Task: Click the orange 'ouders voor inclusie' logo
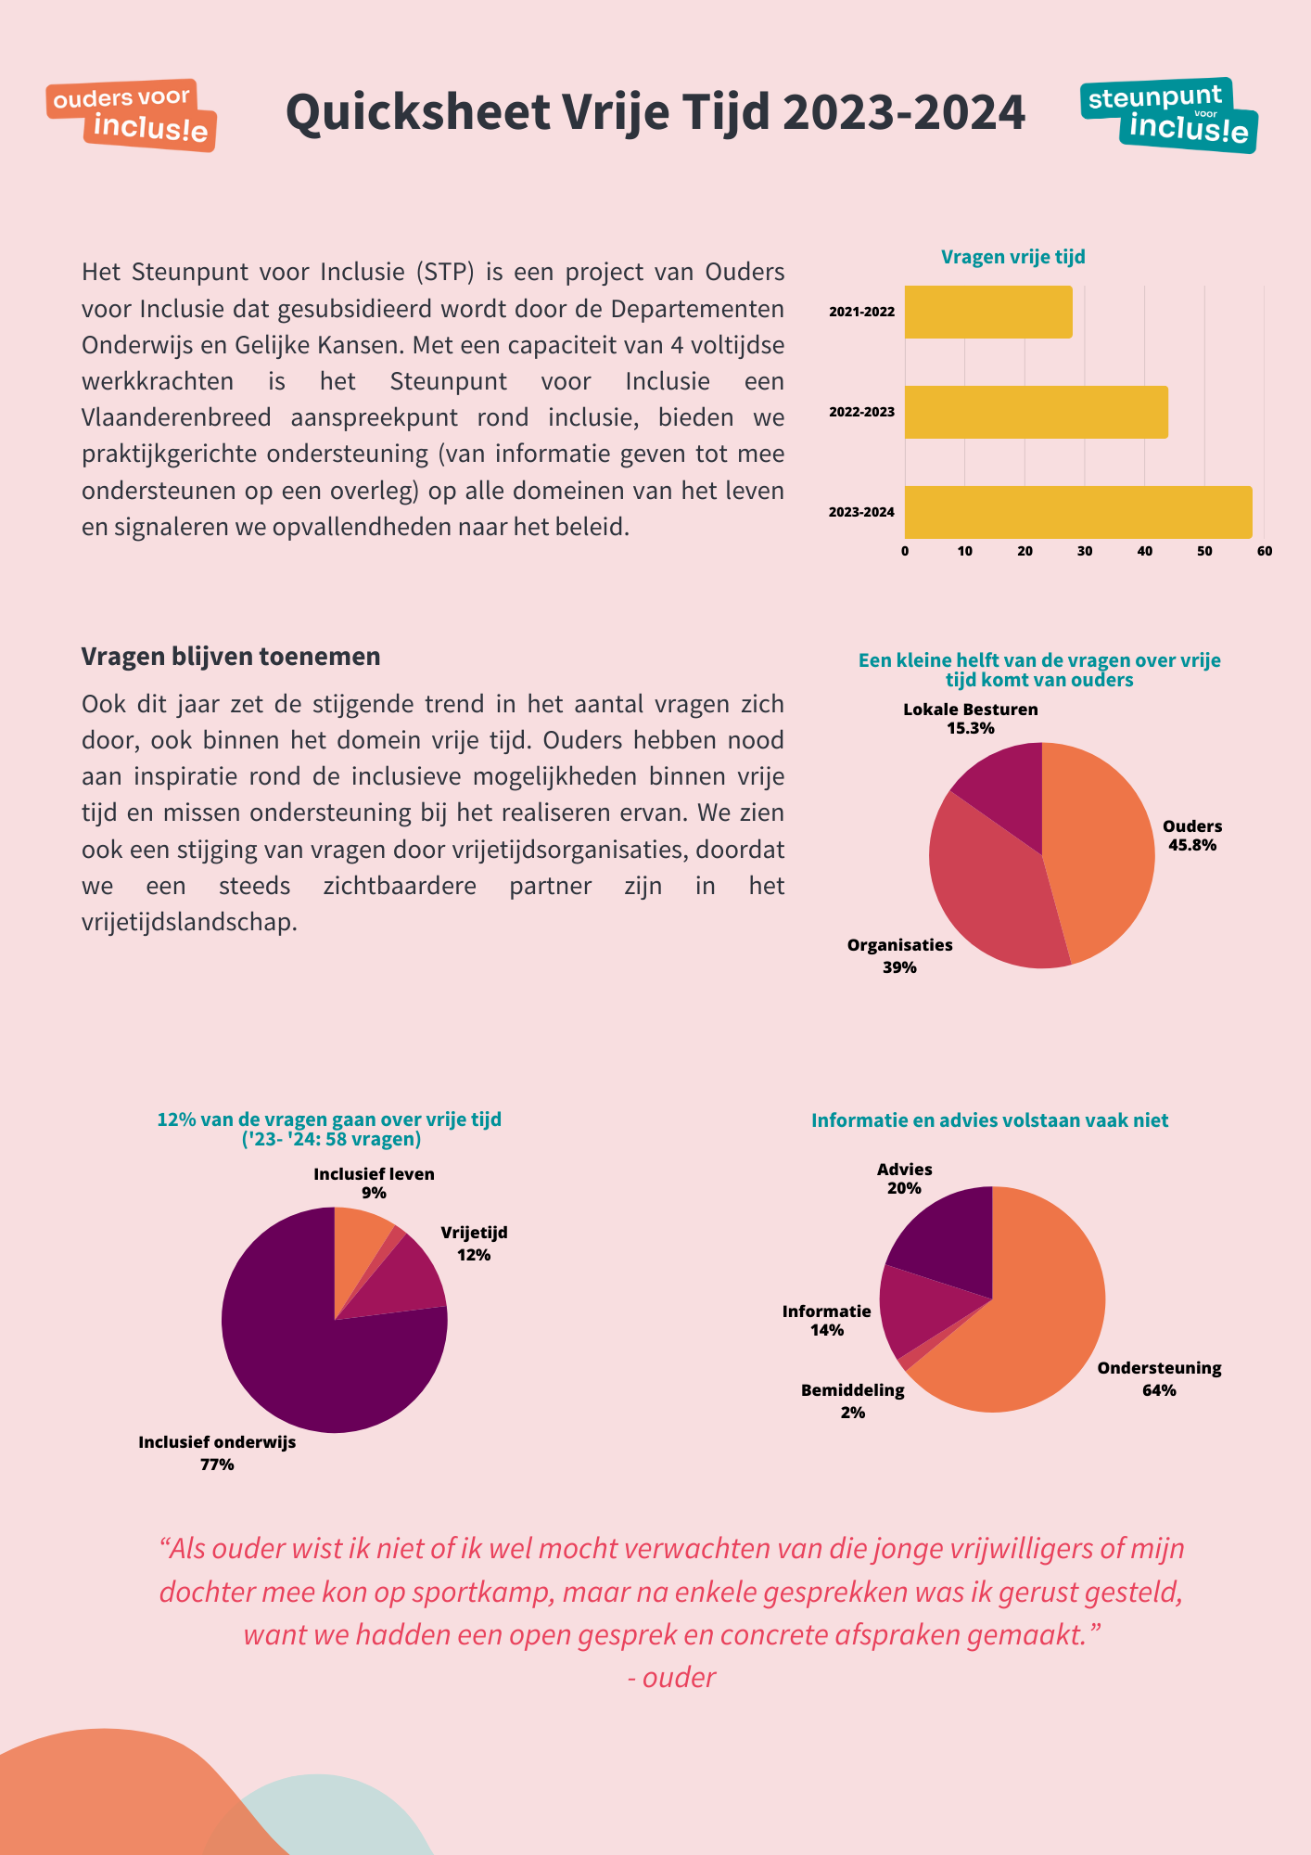[x=132, y=115]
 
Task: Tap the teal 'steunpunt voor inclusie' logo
[x=1169, y=115]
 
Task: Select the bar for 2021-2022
[x=988, y=312]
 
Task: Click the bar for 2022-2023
[x=1037, y=412]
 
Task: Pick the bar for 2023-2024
[x=1078, y=512]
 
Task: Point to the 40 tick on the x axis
[x=1145, y=551]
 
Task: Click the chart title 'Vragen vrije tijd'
[x=1013, y=257]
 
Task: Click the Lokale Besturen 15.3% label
[x=971, y=719]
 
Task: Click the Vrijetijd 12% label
[x=474, y=1244]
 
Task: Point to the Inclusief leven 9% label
[x=374, y=1183]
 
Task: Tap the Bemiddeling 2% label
[x=853, y=1401]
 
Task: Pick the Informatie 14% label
[x=827, y=1320]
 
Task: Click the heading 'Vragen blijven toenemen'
[x=231, y=656]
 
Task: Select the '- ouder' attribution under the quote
[x=672, y=1677]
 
